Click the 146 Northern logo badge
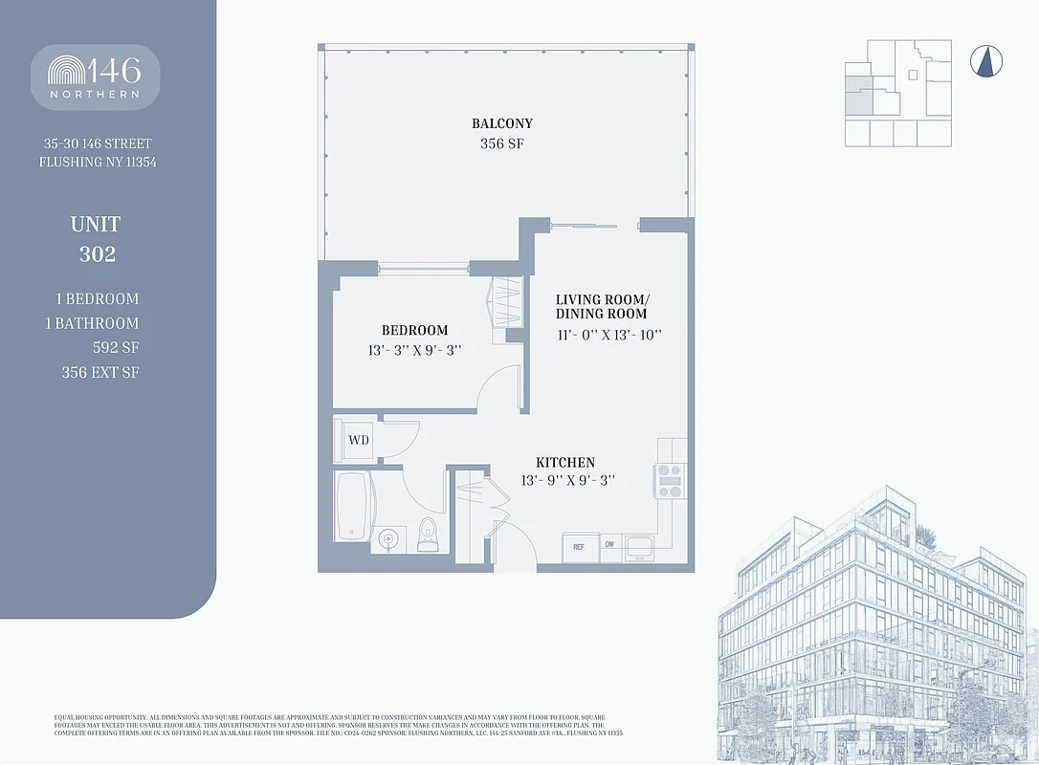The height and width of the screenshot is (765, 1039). [x=95, y=76]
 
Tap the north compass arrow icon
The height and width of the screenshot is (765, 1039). [x=986, y=62]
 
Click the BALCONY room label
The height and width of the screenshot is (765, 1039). [x=502, y=123]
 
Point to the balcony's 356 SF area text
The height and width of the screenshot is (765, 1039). [x=502, y=144]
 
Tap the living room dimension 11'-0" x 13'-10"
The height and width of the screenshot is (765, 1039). [x=609, y=336]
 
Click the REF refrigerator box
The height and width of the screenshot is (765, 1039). [x=578, y=546]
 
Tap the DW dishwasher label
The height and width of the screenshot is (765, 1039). [x=609, y=545]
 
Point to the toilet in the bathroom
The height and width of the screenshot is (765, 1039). [x=428, y=535]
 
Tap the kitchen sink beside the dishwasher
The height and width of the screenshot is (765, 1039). [x=639, y=548]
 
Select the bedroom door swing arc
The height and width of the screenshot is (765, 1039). [x=499, y=388]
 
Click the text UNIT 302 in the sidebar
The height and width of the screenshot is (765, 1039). [x=95, y=239]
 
